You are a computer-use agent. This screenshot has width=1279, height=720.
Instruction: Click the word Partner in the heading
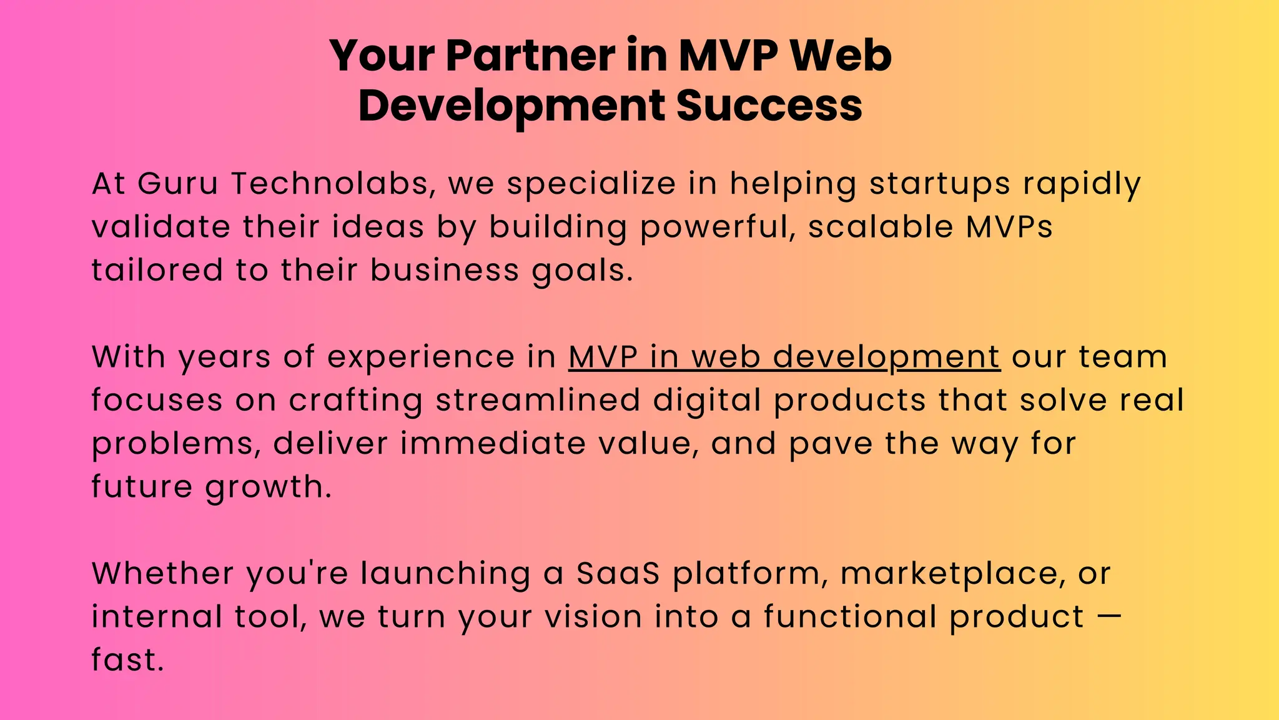[530, 56]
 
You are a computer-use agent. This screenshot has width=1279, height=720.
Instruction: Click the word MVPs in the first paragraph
[1009, 227]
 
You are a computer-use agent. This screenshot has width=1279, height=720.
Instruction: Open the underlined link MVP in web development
[784, 357]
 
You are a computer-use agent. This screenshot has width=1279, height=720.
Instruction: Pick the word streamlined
[538, 401]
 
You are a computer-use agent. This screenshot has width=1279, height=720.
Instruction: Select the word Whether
[162, 574]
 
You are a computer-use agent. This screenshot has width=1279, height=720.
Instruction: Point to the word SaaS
[618, 574]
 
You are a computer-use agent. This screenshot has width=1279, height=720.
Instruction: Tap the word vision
[593, 617]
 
